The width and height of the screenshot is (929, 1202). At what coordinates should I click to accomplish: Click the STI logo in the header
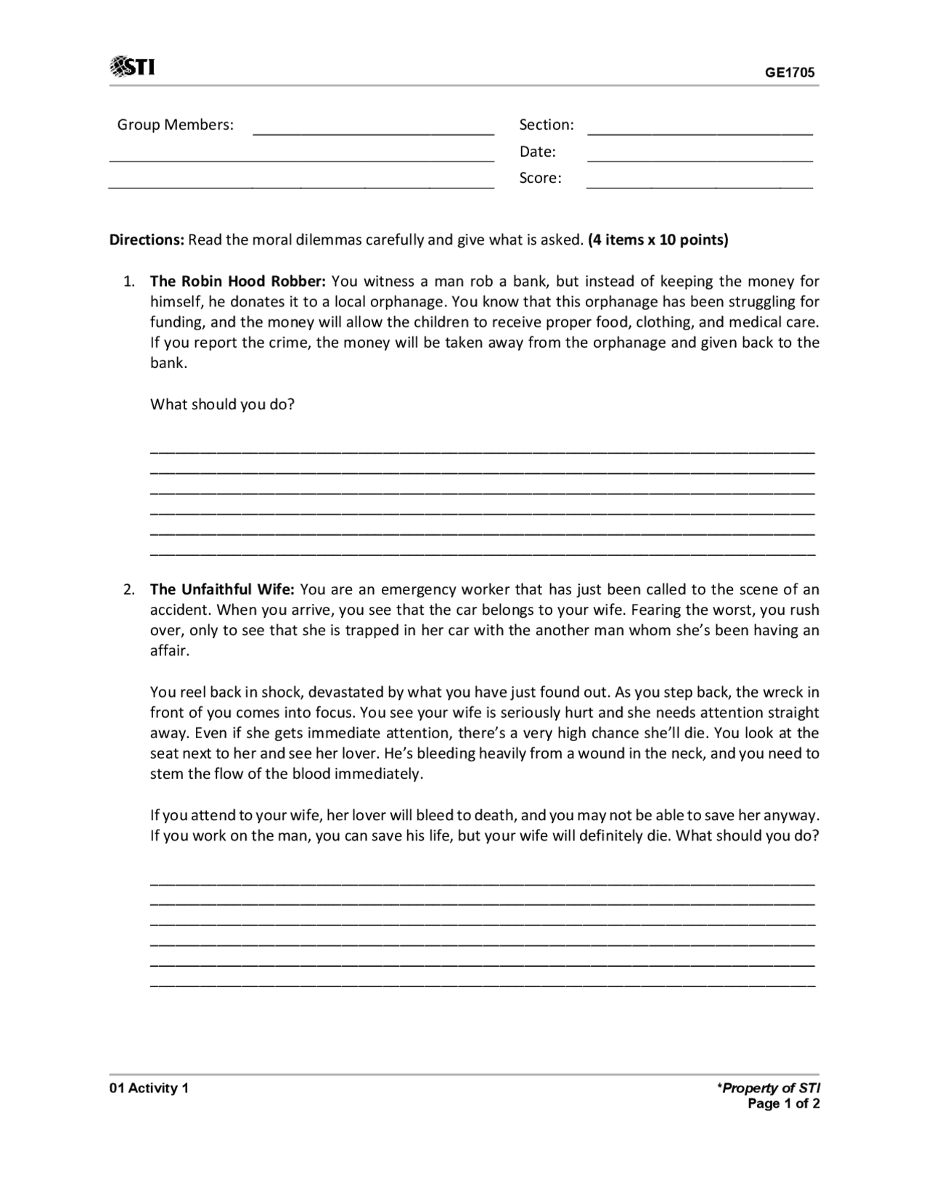coord(132,67)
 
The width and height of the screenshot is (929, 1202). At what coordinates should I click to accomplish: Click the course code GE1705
coord(790,73)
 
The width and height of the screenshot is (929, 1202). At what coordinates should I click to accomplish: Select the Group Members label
coord(175,125)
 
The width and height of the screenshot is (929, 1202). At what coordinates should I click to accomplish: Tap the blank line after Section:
coord(700,132)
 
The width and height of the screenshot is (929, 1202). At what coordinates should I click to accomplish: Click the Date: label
coord(537,152)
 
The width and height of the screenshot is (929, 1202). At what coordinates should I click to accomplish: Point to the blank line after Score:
coord(700,186)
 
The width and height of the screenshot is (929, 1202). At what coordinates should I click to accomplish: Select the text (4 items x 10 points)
coord(658,240)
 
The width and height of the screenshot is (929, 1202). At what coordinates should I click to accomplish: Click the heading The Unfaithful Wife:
coord(222,589)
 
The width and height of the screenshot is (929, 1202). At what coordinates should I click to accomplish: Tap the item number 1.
coord(128,282)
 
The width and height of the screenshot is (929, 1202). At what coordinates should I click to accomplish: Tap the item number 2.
coord(128,589)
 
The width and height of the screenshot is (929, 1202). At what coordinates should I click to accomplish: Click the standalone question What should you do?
coord(222,404)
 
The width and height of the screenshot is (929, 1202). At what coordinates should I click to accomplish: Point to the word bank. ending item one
coord(168,363)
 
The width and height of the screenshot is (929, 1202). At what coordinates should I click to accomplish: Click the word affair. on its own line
coord(169,650)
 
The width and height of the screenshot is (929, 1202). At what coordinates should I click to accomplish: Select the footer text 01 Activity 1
coord(149,1088)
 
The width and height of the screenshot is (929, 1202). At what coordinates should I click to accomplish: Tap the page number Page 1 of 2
coord(783,1104)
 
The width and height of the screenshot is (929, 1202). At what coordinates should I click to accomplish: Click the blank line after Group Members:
coord(373,132)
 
